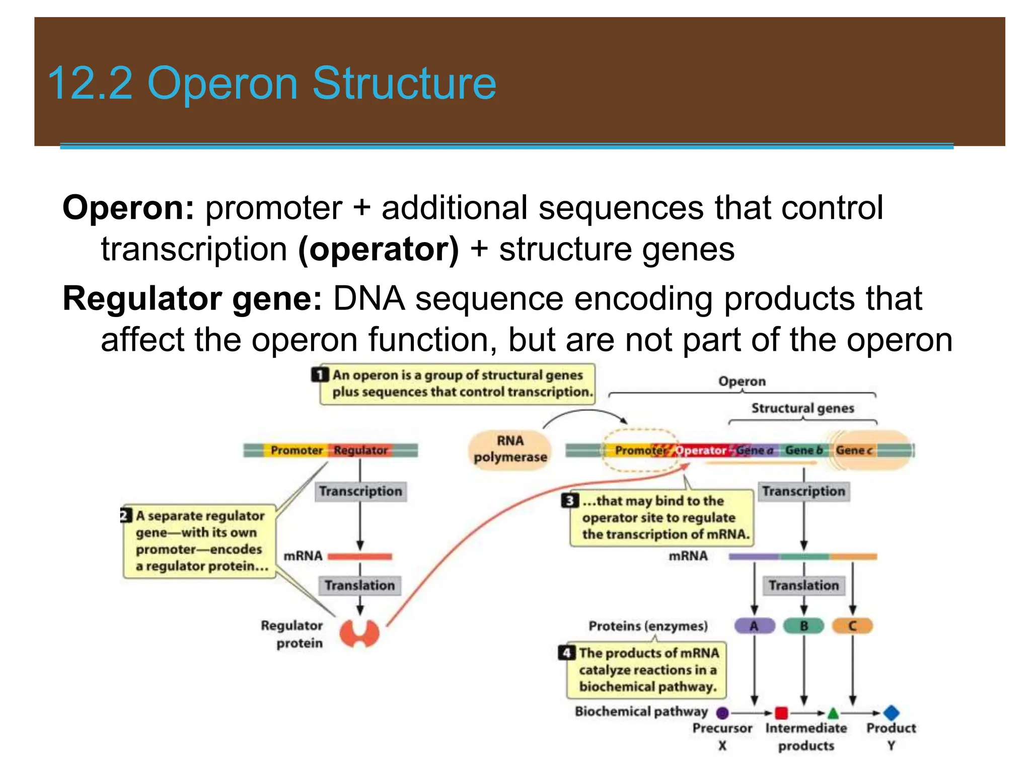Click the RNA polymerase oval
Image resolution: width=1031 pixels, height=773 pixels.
[x=509, y=449]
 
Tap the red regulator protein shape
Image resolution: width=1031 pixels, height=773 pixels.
[x=359, y=633]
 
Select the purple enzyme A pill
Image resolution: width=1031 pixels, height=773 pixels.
[x=754, y=626]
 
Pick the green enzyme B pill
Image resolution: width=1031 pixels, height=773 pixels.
[x=803, y=626]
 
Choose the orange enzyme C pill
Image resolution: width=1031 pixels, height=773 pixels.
[x=852, y=626]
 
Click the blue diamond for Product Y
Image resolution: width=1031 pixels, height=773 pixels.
[x=891, y=712]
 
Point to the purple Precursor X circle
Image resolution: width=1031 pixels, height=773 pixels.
[x=722, y=713]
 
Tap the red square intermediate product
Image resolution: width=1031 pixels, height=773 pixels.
[x=781, y=713]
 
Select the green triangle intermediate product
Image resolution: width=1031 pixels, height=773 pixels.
[x=833, y=713]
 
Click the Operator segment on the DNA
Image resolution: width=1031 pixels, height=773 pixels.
[x=701, y=450]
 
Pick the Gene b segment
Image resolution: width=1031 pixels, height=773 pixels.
[x=803, y=450]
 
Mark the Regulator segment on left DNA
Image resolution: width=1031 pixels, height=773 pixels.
[x=360, y=450]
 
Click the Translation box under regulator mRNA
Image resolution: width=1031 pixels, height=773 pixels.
[x=359, y=585]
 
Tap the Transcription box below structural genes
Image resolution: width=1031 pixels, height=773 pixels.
[x=803, y=491]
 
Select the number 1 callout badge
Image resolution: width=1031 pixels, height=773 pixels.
[x=320, y=375]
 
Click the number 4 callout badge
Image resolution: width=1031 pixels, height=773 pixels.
[x=567, y=653]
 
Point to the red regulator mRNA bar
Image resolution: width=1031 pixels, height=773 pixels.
[x=359, y=556]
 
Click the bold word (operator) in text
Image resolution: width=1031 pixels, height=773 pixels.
[x=379, y=249]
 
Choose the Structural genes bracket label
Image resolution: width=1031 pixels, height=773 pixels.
[x=802, y=408]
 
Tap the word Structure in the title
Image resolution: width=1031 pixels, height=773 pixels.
[x=404, y=84]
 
